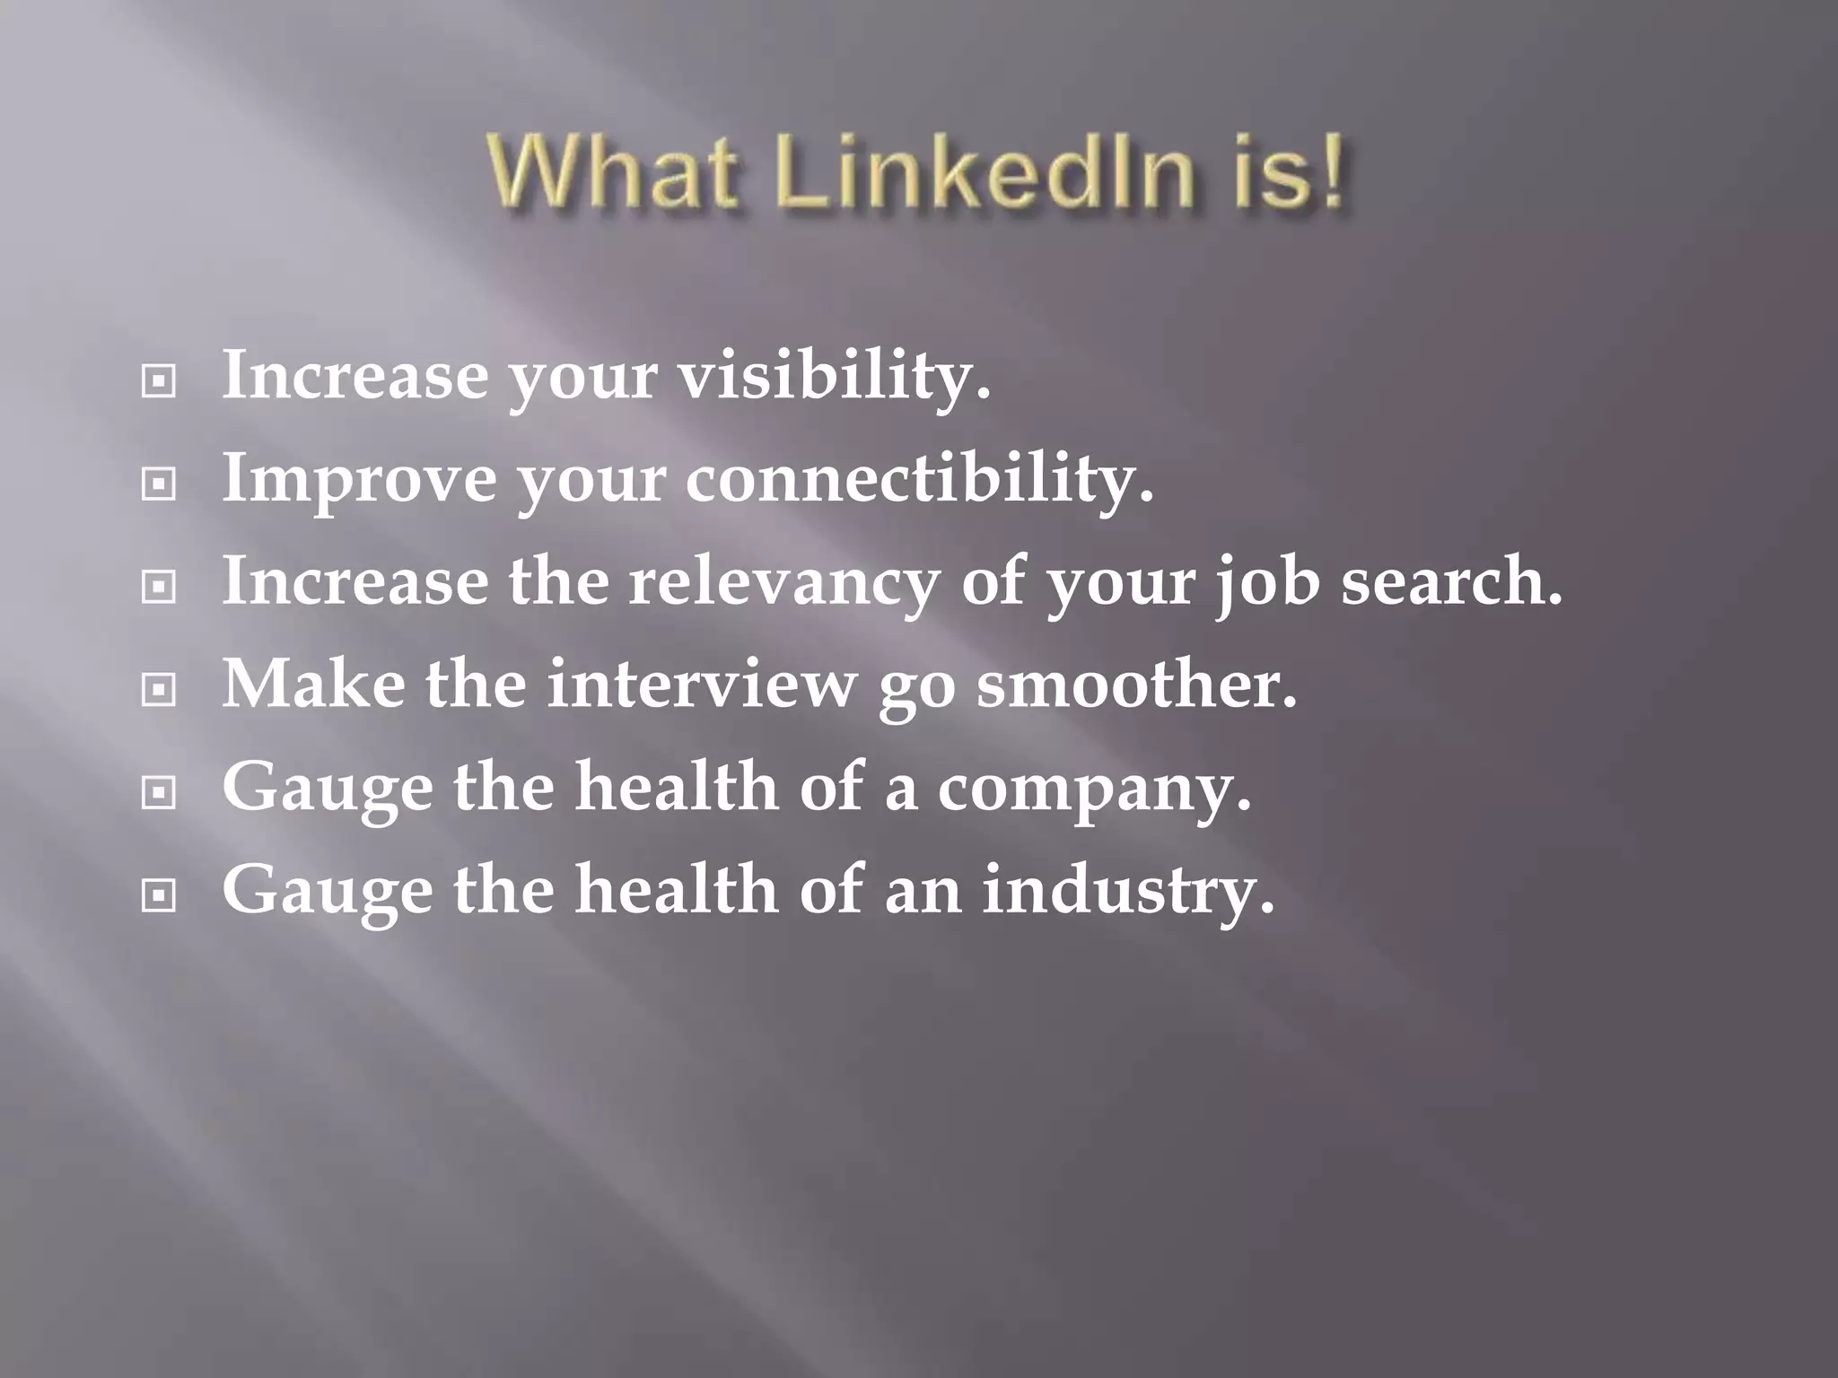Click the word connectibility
click(x=919, y=479)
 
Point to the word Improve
click(x=358, y=479)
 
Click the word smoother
click(x=1136, y=684)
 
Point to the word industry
click(x=1127, y=891)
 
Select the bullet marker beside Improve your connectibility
click(x=159, y=485)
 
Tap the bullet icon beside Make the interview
click(x=159, y=690)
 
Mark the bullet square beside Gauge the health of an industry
click(x=159, y=895)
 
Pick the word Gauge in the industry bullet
click(x=327, y=891)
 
